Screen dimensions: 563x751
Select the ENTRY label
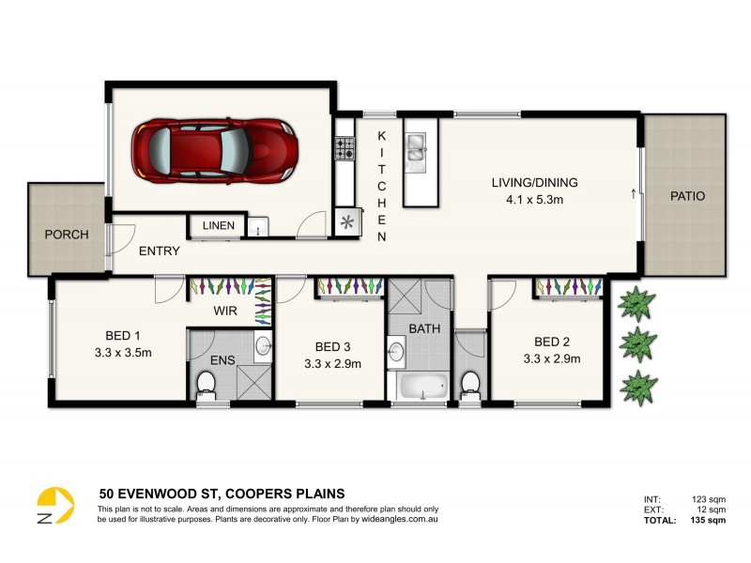click(160, 251)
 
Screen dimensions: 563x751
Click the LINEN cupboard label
click(218, 226)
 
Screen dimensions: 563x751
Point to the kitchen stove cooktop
click(345, 148)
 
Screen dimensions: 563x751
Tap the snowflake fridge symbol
click(347, 222)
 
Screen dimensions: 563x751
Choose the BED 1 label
click(122, 336)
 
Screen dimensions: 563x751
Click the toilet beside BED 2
click(470, 383)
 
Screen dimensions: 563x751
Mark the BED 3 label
click(332, 345)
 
